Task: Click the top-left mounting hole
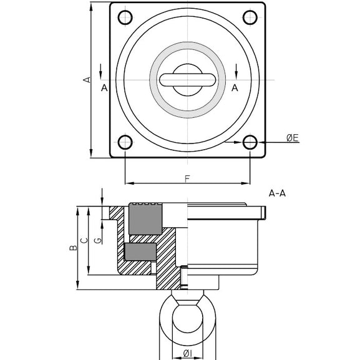pyautogui.click(x=125, y=17)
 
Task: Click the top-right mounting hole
pyautogui.click(x=250, y=17)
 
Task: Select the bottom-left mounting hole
pyautogui.click(x=125, y=142)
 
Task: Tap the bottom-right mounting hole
pyautogui.click(x=250, y=142)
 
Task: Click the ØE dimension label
pyautogui.click(x=293, y=138)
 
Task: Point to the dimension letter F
pyautogui.click(x=188, y=178)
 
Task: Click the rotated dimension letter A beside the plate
pyautogui.click(x=87, y=80)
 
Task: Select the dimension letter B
pyautogui.click(x=73, y=248)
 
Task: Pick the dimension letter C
pyautogui.click(x=84, y=240)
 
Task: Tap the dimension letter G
pyautogui.click(x=98, y=240)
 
